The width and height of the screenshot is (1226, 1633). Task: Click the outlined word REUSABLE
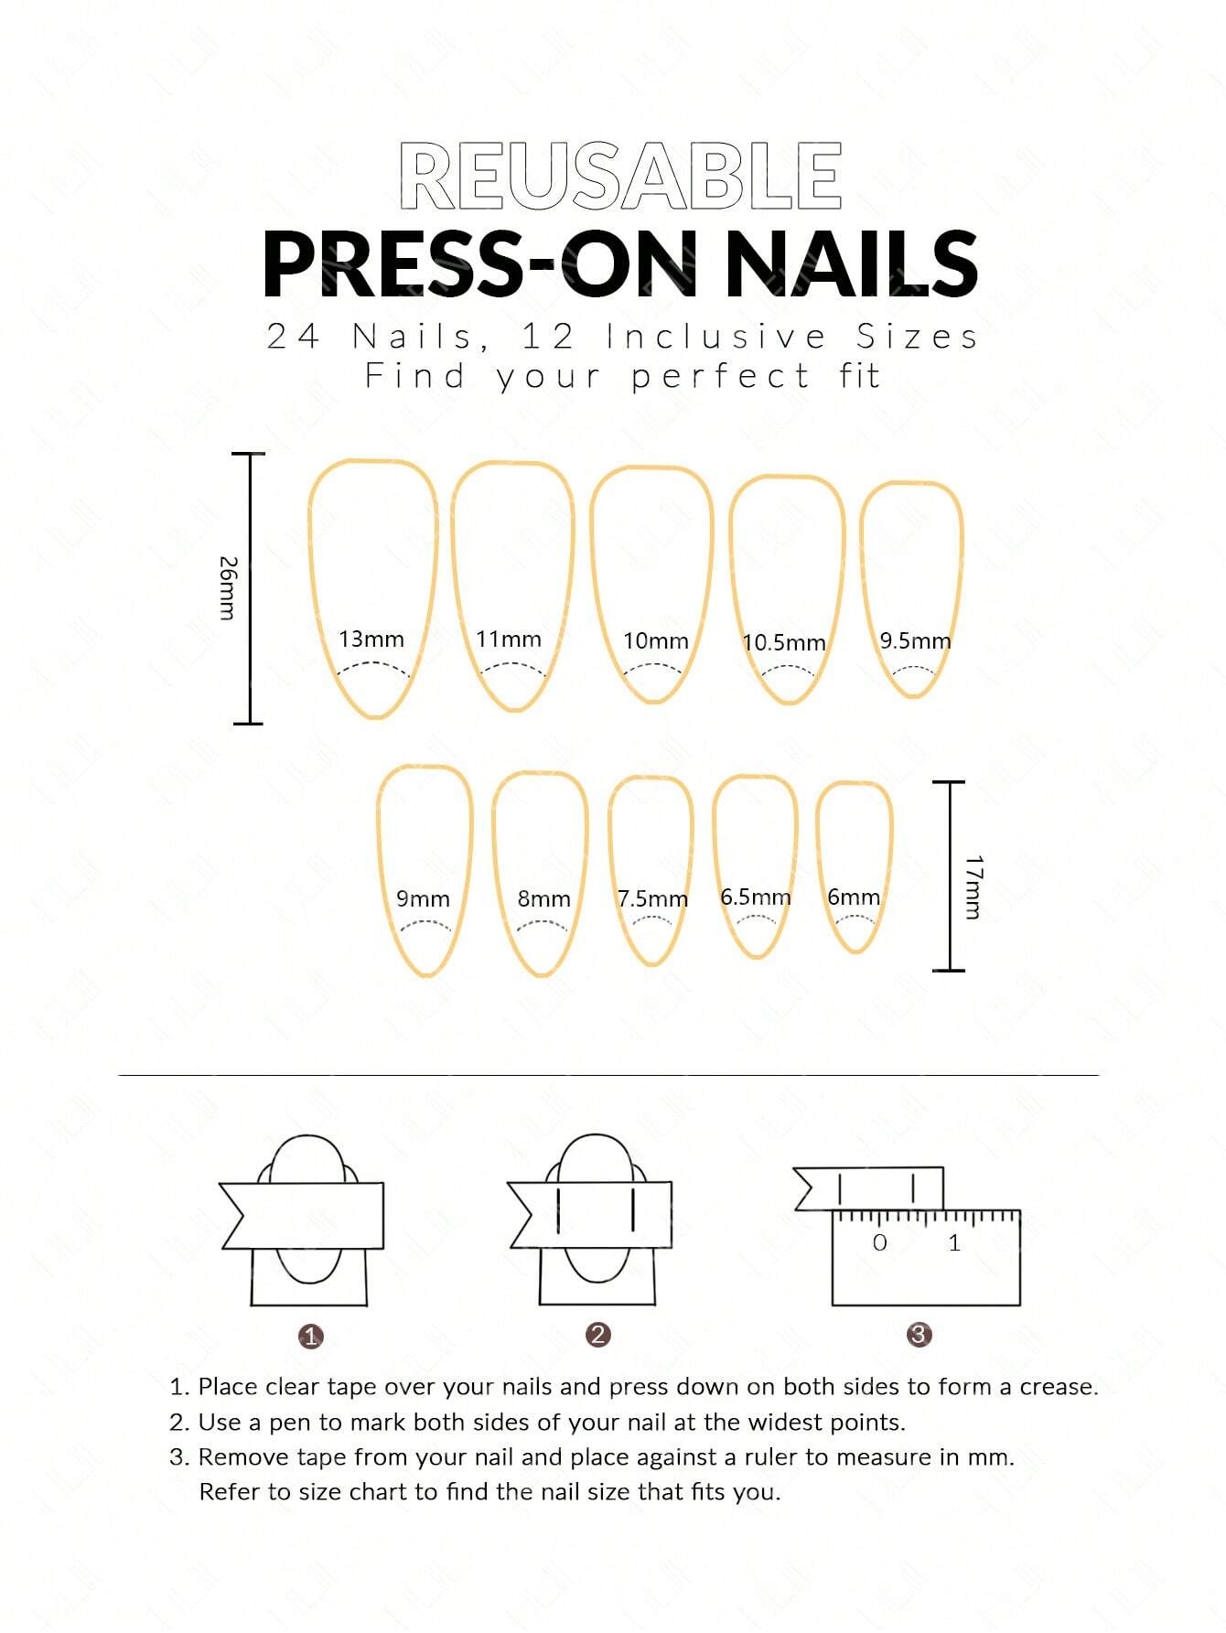pos(620,177)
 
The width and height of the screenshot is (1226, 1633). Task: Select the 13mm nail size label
pos(371,639)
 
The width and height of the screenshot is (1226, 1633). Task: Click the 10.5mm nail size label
pos(783,642)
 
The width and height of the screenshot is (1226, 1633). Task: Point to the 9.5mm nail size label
pos(915,640)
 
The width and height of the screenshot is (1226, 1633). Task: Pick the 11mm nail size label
pos(508,639)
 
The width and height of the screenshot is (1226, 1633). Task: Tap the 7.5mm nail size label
pos(651,898)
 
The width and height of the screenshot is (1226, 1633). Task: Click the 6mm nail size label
pos(853,897)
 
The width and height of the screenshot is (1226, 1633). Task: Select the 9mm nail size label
pos(423,898)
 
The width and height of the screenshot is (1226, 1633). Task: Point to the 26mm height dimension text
pos(227,587)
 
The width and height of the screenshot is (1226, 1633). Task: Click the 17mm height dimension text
pos(973,886)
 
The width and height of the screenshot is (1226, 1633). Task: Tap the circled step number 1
pos(311,1337)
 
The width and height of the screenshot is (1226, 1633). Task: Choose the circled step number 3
pos(919,1334)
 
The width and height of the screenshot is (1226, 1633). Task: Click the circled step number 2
pos(597,1334)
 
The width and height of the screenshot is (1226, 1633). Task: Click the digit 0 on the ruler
pos(879,1242)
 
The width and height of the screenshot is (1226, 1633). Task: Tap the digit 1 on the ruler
pos(954,1242)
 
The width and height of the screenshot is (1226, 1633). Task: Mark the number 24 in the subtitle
pos(293,337)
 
